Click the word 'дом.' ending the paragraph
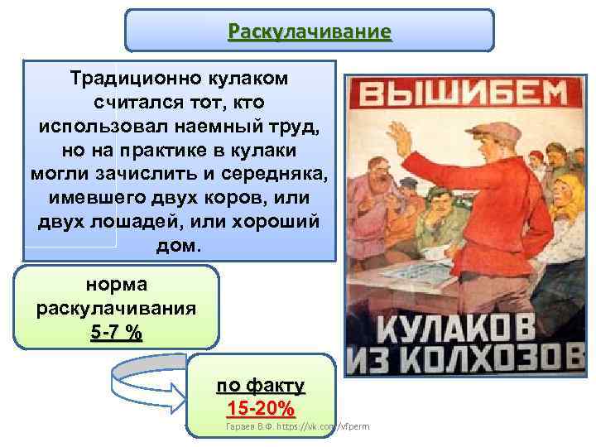click(178, 247)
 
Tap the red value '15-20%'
click(260, 408)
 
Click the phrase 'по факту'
click(260, 386)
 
